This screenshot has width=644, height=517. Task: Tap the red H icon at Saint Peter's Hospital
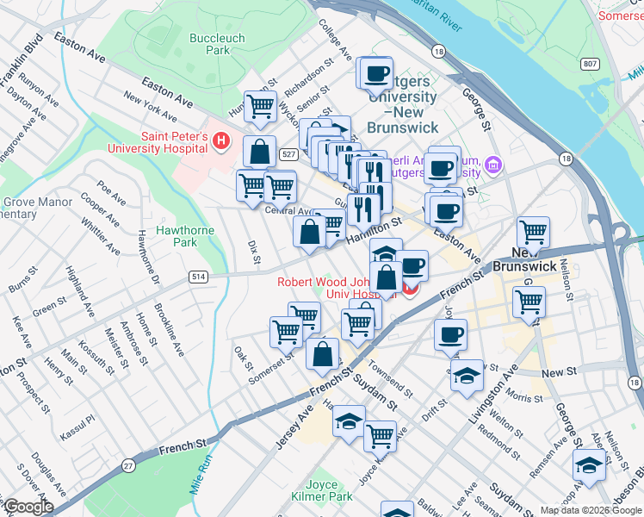pos(221,140)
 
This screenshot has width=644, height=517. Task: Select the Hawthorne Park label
pos(176,236)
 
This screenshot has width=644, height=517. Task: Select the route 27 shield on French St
pos(128,465)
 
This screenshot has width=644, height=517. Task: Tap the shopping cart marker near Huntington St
pos(260,107)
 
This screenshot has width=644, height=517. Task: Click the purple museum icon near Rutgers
pos(493,164)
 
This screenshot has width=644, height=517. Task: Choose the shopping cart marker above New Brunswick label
pos(533,231)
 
